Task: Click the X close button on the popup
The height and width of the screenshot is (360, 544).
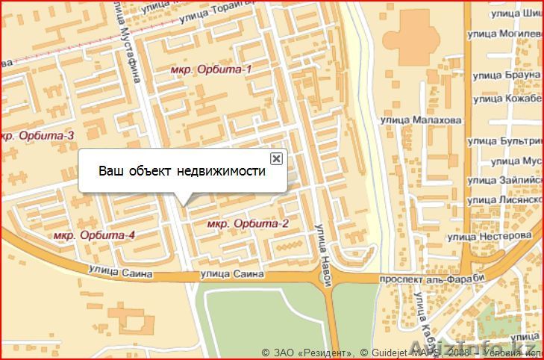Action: tap(276, 158)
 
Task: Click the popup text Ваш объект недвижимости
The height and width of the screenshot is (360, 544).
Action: tap(182, 171)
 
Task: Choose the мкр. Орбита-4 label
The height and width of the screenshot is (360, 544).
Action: tap(94, 236)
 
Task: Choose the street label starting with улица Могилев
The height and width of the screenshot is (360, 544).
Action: tap(504, 34)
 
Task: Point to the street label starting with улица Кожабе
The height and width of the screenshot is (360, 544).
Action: tap(504, 98)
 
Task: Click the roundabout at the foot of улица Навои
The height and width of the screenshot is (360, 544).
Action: tap(325, 279)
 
